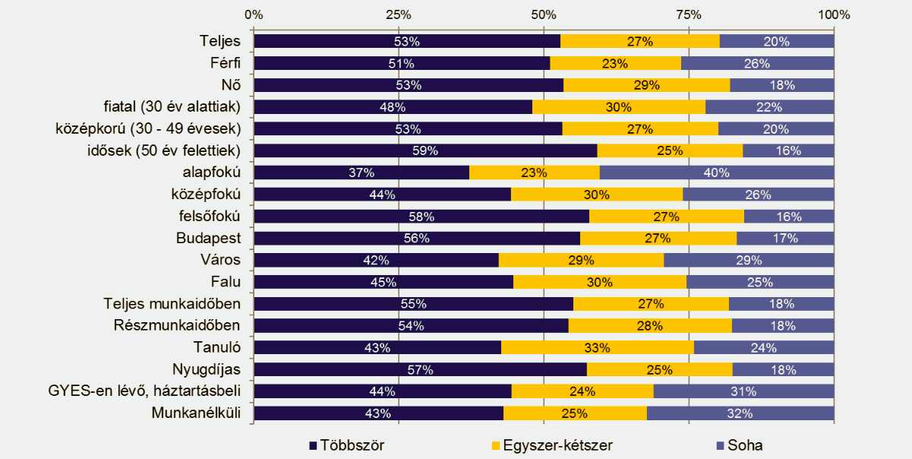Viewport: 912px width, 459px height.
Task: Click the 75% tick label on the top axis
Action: [688, 14]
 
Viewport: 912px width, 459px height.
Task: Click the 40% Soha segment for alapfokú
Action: [717, 173]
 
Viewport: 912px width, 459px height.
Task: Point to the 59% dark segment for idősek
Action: [425, 150]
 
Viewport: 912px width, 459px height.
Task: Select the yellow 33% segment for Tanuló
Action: [598, 348]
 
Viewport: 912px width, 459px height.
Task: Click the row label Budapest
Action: [210, 239]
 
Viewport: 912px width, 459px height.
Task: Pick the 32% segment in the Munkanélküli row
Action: [740, 414]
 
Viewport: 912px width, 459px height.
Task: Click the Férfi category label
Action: [226, 62]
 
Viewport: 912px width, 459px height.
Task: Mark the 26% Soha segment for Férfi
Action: [757, 63]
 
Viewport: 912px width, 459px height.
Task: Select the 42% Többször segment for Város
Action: [376, 260]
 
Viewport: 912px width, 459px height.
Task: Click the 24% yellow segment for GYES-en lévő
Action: [582, 392]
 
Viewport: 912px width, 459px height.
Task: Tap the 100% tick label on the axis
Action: [834, 14]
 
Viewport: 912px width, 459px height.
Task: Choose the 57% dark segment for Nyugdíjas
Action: [420, 370]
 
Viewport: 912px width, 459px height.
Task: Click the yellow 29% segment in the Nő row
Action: [647, 84]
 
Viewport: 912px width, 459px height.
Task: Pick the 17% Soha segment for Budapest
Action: [785, 239]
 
